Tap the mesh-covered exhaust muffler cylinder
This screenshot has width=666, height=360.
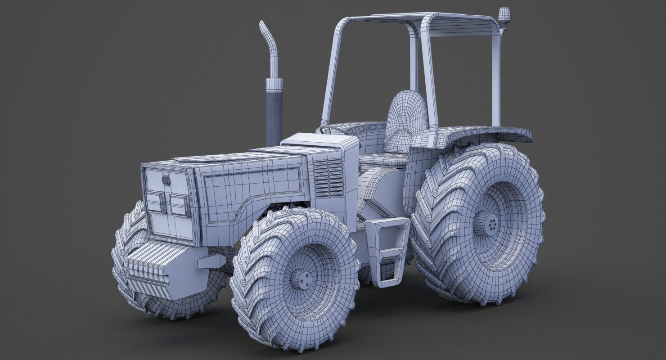click(x=274, y=117)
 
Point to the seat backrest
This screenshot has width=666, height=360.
click(x=406, y=119)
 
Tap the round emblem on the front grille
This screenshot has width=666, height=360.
click(x=166, y=181)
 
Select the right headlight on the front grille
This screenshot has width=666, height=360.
click(x=180, y=205)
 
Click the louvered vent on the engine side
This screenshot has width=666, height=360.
click(x=328, y=178)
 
